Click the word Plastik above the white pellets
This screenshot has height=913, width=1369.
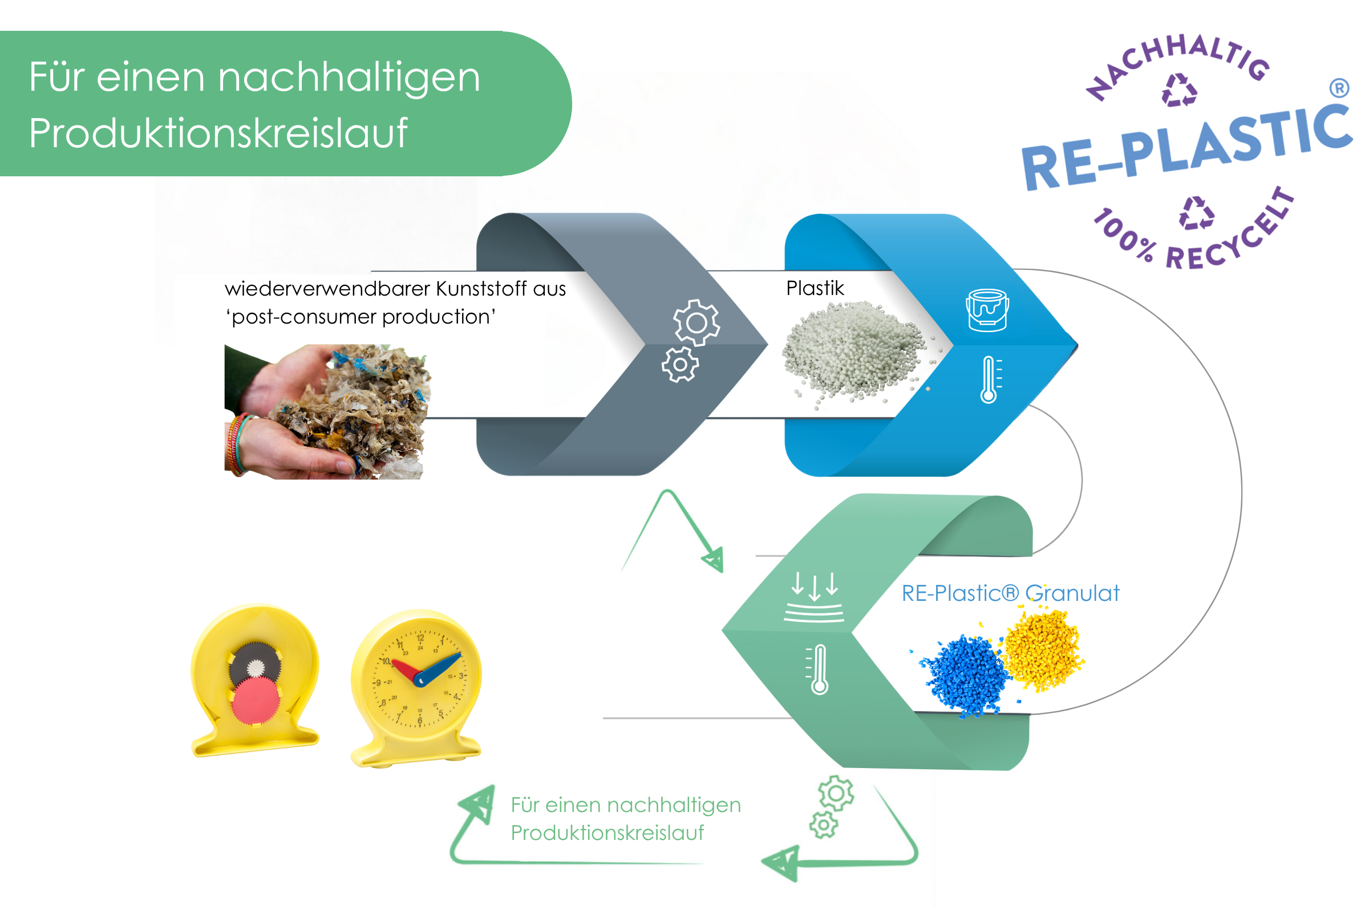(815, 288)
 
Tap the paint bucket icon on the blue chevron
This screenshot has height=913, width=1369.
(987, 310)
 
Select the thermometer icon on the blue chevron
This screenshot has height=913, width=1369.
(990, 379)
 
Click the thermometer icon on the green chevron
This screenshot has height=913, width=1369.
(819, 669)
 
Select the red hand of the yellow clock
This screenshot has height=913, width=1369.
(406, 669)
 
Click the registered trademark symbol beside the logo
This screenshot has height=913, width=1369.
(1339, 88)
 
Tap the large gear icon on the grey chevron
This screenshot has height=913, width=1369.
(696, 322)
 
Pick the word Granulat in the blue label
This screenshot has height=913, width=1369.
(1072, 593)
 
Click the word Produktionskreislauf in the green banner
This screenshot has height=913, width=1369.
(218, 134)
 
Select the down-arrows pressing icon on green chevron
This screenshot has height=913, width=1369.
(814, 596)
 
